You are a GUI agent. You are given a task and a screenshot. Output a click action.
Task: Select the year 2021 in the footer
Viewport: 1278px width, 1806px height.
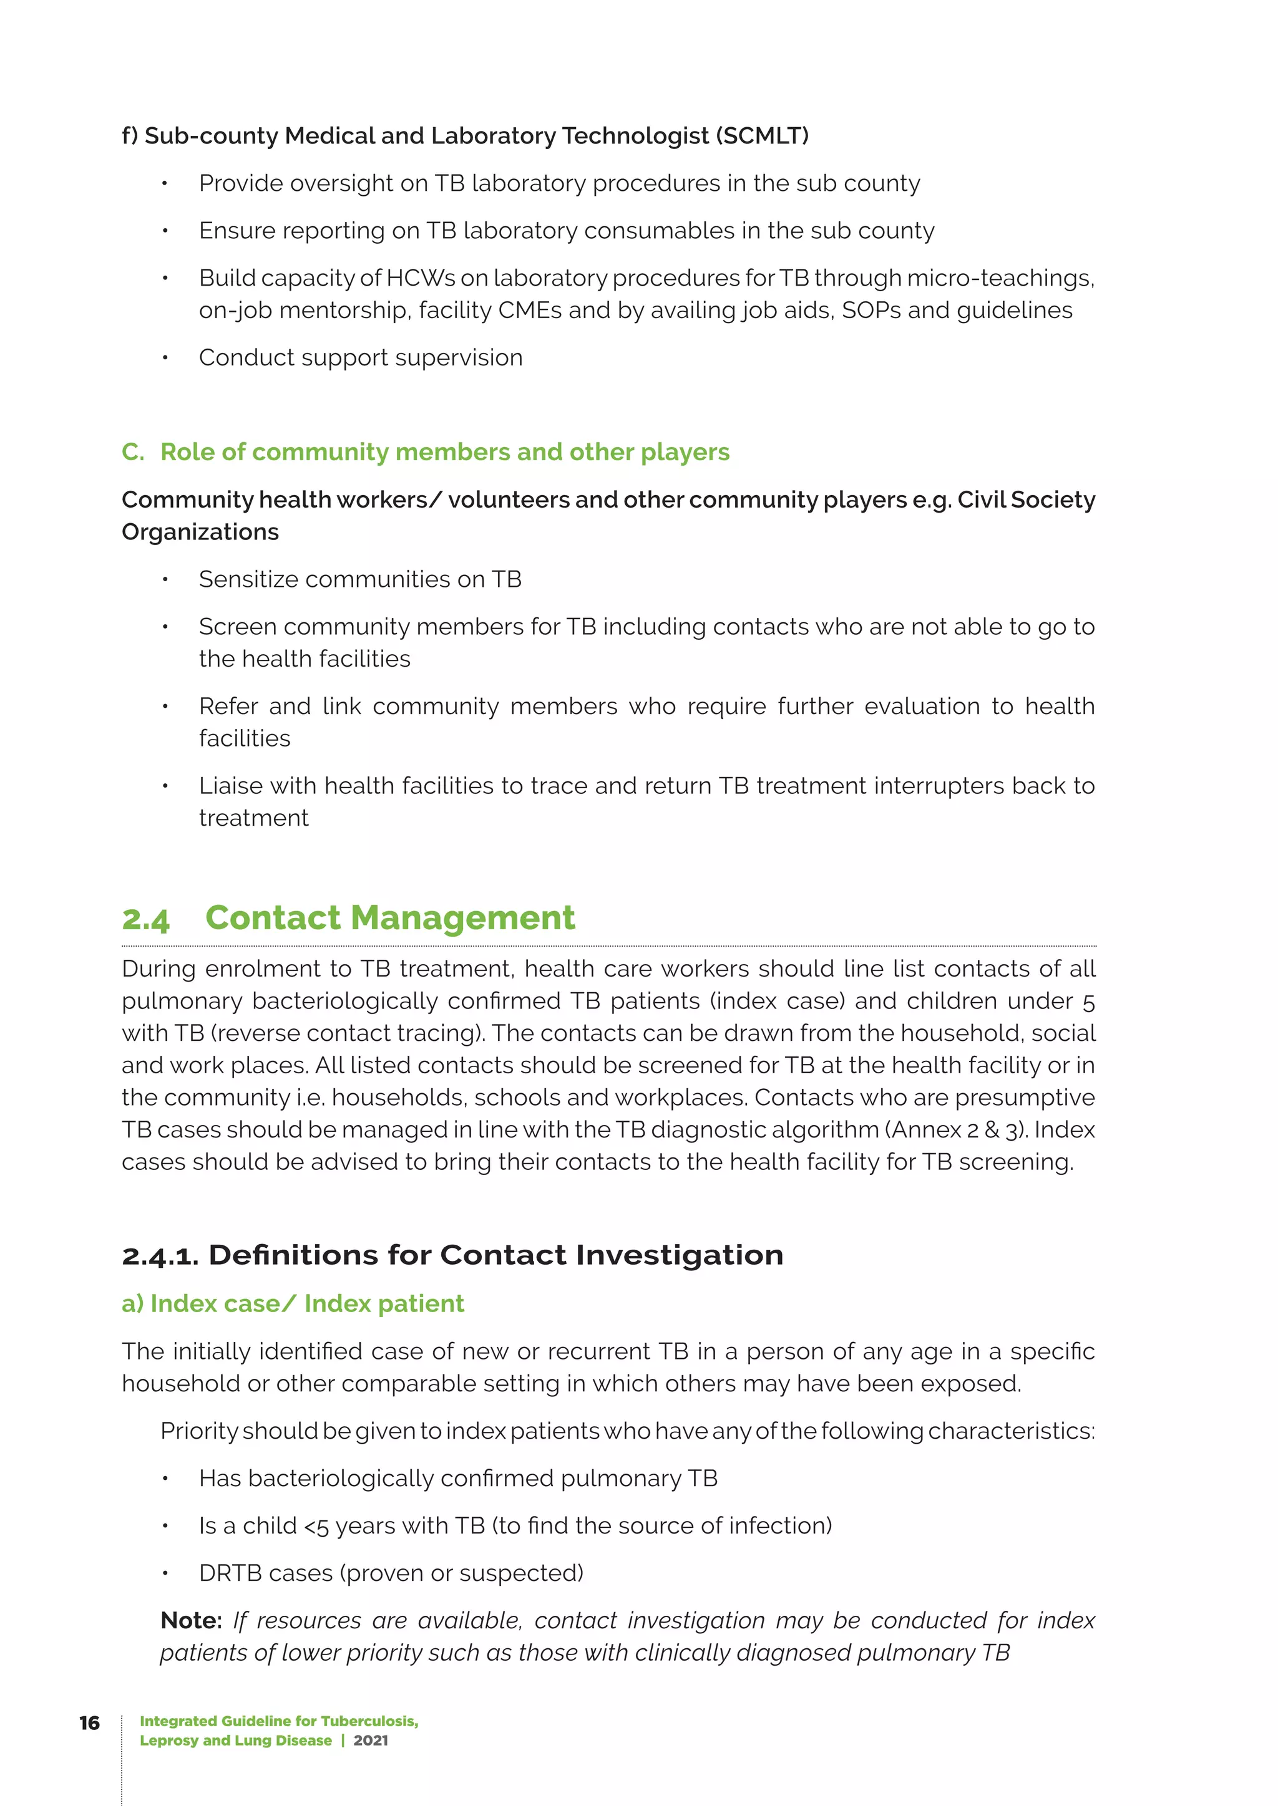371,1741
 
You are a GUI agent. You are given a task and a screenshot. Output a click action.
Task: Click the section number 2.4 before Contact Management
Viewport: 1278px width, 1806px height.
145,919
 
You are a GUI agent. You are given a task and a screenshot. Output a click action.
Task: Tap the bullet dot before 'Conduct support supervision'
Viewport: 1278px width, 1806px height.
165,358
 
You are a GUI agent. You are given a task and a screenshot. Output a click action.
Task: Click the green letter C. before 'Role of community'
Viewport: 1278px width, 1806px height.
132,452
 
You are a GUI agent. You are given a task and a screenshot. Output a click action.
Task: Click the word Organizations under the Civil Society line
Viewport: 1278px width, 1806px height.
200,533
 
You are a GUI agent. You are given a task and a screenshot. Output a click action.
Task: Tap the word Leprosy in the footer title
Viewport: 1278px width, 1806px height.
168,1741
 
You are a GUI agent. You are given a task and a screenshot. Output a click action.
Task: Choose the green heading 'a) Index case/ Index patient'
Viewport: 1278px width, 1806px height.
293,1303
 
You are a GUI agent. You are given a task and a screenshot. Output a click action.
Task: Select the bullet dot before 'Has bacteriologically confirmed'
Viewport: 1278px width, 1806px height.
165,1479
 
